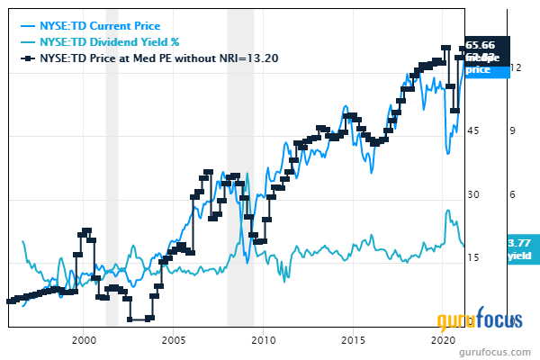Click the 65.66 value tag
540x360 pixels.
point(487,44)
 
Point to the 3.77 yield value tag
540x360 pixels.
point(519,243)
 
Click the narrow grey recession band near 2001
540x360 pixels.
point(112,180)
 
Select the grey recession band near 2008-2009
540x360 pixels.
point(240,180)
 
